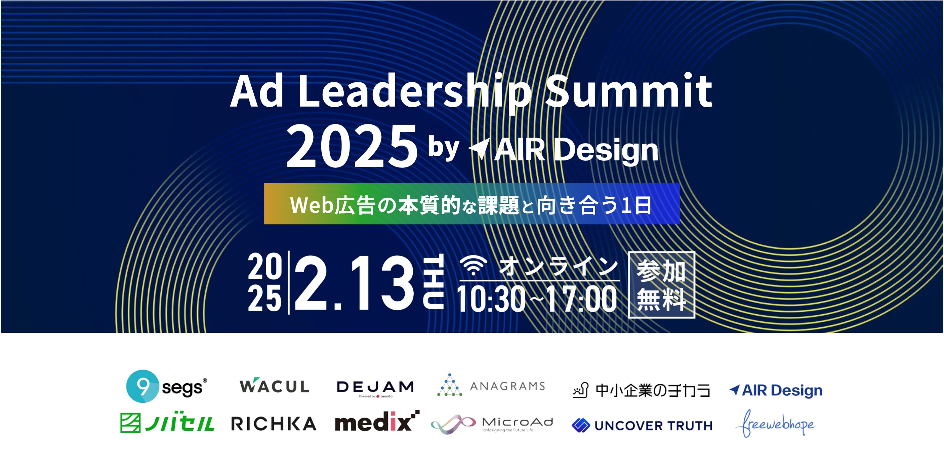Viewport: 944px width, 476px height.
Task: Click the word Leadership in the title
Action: point(414,92)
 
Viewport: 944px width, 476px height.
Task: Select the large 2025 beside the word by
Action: point(352,146)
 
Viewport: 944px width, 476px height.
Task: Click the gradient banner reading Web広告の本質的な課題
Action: point(471,204)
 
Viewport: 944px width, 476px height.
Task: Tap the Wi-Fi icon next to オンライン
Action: point(474,265)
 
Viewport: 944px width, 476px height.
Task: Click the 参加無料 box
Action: point(661,285)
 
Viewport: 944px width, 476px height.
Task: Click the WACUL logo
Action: point(275,386)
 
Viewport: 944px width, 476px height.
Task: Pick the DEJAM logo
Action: point(375,388)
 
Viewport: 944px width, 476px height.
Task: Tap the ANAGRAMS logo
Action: point(491,385)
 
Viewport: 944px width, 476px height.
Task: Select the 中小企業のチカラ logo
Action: point(642,390)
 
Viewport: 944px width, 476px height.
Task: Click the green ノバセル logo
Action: point(167,423)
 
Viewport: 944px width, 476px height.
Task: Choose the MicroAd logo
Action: point(492,424)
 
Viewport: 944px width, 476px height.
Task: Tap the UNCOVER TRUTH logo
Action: point(642,426)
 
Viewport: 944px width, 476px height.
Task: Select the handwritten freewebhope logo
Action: point(775,423)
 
